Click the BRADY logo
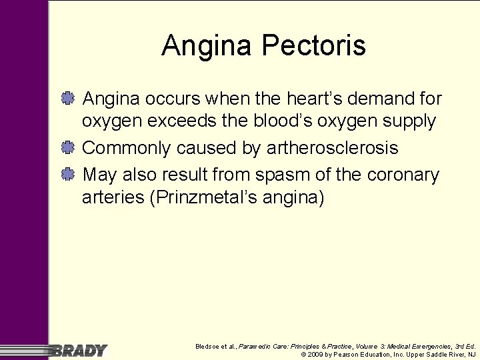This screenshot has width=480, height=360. (x=79, y=351)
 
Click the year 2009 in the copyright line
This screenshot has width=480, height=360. (x=315, y=355)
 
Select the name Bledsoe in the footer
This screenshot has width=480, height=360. (x=208, y=347)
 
